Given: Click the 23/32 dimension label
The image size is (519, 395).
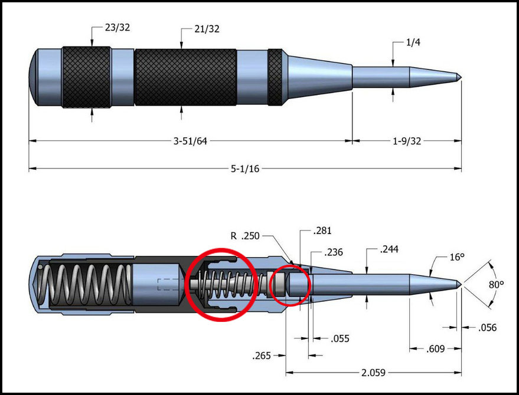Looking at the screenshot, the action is [x=117, y=27].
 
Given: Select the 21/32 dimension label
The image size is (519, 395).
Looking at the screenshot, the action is [x=207, y=29].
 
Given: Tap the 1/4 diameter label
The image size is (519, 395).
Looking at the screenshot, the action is [x=413, y=42].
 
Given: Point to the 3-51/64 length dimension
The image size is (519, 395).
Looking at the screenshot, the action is [x=190, y=141].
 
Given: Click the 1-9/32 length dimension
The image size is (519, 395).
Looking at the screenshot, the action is [x=407, y=141].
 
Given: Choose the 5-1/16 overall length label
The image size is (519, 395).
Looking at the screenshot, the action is [x=245, y=169].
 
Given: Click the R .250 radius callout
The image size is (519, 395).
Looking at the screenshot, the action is [x=245, y=236].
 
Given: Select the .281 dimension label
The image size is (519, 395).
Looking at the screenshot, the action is [x=322, y=231].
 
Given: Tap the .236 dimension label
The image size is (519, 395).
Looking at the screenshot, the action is [x=334, y=252].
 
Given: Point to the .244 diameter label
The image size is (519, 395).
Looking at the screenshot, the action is [x=389, y=249].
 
